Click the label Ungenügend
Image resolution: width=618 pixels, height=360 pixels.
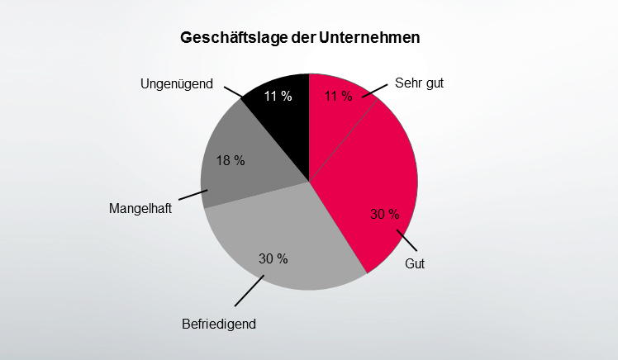click(x=177, y=83)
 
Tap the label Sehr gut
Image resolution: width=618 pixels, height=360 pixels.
click(x=420, y=83)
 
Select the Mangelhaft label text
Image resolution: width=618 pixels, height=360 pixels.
click(x=140, y=209)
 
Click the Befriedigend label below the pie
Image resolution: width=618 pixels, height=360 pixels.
click(x=219, y=324)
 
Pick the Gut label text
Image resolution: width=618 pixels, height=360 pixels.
click(x=415, y=264)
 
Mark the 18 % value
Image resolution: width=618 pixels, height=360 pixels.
click(x=231, y=160)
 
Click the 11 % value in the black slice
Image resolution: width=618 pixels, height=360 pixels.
click(x=278, y=97)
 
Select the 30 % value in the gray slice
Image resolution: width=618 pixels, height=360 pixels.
click(x=273, y=259)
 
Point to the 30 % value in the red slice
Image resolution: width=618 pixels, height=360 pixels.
click(x=384, y=216)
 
